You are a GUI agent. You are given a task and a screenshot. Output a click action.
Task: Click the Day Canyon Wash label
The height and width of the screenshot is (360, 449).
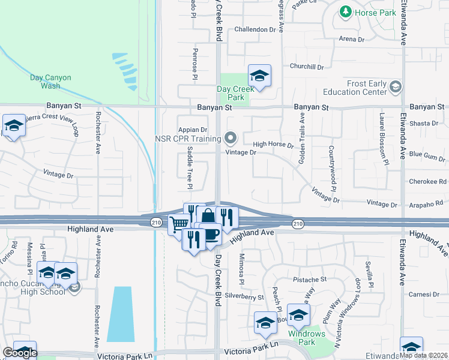point(51,82)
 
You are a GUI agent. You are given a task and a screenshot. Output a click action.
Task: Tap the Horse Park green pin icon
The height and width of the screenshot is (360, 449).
point(345,11)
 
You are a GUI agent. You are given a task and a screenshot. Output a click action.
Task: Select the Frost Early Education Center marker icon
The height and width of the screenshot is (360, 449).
point(395,88)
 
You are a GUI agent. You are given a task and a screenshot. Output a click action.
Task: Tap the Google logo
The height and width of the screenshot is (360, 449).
point(20,353)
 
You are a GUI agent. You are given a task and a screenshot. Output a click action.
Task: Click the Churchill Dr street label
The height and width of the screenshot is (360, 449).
point(307,67)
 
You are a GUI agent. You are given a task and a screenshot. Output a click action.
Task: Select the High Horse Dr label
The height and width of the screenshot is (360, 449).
point(273,145)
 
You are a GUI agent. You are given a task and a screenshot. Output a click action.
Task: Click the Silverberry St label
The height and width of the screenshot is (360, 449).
point(245,297)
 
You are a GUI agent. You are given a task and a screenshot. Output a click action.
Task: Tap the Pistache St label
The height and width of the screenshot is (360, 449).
point(309,280)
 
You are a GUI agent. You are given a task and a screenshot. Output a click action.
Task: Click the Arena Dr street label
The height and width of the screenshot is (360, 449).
point(352,39)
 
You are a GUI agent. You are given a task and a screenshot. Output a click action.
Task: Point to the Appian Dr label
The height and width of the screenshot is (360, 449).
point(192,129)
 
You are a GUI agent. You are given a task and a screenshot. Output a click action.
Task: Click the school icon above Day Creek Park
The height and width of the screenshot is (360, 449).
point(259,76)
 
